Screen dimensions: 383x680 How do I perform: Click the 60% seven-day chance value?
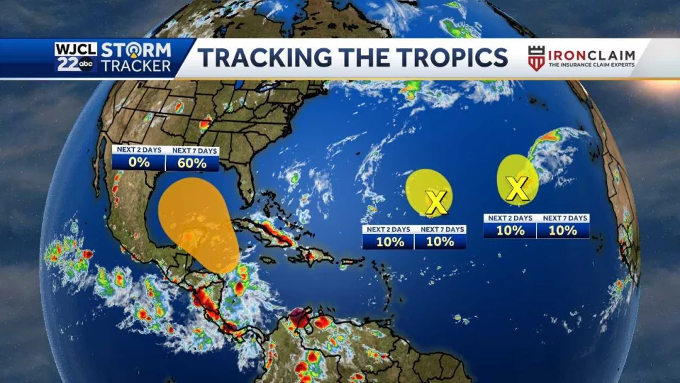(192, 163)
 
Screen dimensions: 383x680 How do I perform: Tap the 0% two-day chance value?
(139, 163)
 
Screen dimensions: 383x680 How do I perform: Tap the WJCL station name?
(75, 50)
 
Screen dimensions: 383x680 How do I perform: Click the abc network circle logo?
(86, 66)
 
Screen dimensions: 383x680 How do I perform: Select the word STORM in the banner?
(136, 51)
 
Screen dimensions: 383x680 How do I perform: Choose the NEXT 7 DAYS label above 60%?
(192, 150)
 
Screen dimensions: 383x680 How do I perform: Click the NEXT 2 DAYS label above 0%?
(139, 150)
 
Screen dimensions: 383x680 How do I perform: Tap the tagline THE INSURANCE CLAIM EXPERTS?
(591, 65)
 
